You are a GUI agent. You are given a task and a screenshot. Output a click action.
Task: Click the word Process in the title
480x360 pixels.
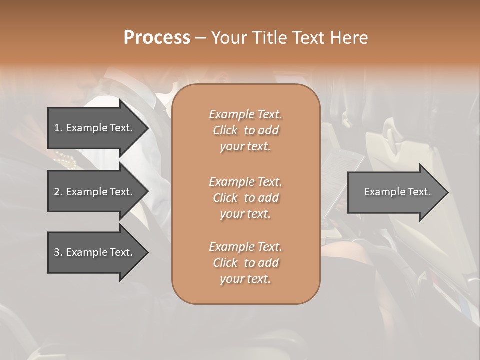pyautogui.click(x=157, y=38)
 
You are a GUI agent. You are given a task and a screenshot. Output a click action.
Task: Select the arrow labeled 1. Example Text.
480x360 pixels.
pyautogui.click(x=95, y=128)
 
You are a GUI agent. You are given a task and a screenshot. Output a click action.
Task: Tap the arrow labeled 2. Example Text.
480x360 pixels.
pyautogui.click(x=95, y=192)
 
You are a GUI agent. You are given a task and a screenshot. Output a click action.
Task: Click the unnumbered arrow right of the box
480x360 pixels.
pyautogui.click(x=395, y=192)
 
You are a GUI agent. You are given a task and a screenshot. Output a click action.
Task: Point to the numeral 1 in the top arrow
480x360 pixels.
pyautogui.click(x=56, y=128)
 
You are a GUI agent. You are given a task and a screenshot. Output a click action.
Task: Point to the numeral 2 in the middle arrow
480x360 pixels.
pyautogui.click(x=57, y=192)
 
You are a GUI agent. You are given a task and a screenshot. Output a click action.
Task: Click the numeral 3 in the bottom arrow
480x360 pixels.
pyautogui.click(x=57, y=253)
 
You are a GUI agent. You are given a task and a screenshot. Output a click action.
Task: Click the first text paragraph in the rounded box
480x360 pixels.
pyautogui.click(x=245, y=130)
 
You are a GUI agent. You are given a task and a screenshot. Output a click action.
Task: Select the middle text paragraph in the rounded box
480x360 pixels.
pyautogui.click(x=245, y=198)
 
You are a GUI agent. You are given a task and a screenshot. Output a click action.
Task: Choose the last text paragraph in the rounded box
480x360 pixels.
pyautogui.click(x=245, y=263)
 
